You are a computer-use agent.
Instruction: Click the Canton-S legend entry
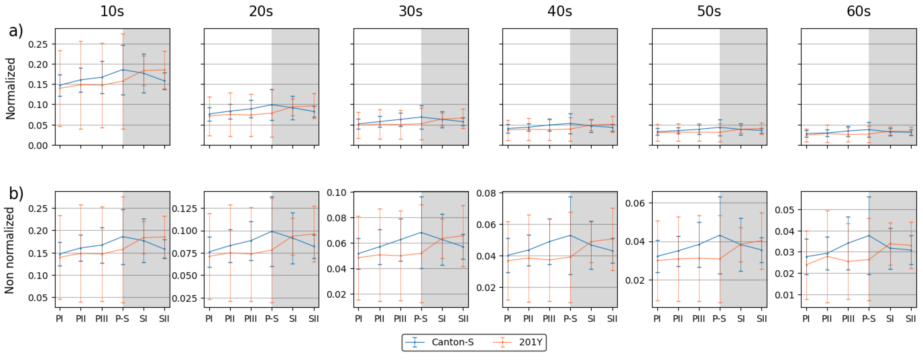pyautogui.click(x=452, y=342)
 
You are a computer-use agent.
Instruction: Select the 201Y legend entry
pyautogui.click(x=530, y=342)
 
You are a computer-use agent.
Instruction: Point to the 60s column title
pyautogui.click(x=859, y=11)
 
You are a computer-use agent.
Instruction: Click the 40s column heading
pyautogui.click(x=560, y=11)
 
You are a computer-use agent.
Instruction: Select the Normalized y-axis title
pyautogui.click(x=11, y=88)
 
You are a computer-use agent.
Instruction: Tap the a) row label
pyautogui.click(x=16, y=31)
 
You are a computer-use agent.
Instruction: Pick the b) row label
pyautogui.click(x=16, y=194)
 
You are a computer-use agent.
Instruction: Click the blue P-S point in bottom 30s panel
pyautogui.click(x=421, y=232)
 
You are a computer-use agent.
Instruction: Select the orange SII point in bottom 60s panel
pyautogui.click(x=911, y=245)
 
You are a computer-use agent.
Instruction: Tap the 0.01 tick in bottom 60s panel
pyautogui.click(x=785, y=295)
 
